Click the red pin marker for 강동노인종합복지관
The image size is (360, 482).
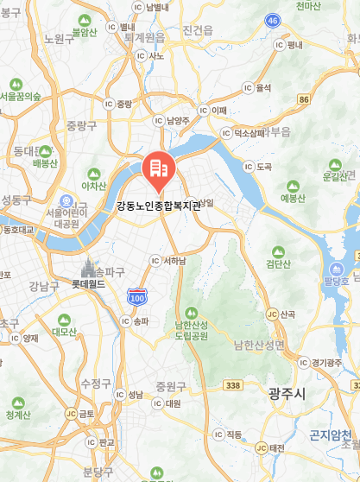[159, 170]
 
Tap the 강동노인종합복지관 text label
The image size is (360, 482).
[159, 206]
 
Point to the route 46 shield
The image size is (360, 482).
[273, 20]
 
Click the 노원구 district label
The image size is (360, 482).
[59, 39]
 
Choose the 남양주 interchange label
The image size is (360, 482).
[177, 121]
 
